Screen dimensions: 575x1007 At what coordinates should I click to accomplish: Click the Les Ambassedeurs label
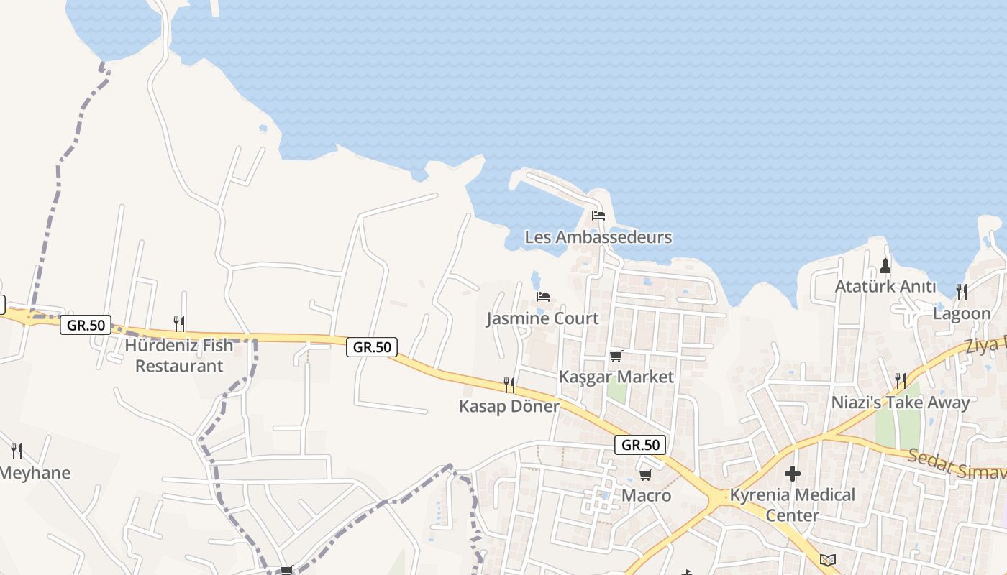(x=598, y=237)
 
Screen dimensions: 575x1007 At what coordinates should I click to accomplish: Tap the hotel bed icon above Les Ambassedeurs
(x=598, y=215)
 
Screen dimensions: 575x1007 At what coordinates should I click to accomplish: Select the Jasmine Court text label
(x=542, y=318)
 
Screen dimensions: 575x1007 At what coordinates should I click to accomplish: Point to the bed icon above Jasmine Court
(x=543, y=296)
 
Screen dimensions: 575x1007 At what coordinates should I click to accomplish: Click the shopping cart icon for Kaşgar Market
(x=616, y=356)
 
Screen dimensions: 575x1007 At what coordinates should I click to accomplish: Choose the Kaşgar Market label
(x=616, y=377)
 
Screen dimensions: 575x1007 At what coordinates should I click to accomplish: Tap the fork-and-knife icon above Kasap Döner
(x=509, y=385)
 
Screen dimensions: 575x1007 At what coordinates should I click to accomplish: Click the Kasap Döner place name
(x=509, y=406)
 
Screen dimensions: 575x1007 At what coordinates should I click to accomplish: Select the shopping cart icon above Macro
(x=645, y=474)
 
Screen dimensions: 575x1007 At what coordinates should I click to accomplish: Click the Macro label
(x=646, y=495)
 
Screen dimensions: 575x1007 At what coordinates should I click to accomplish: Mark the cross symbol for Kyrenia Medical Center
(x=792, y=474)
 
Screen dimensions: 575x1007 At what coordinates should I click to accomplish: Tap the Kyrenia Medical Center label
(x=792, y=505)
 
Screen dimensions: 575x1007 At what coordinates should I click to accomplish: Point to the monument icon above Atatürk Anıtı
(x=885, y=266)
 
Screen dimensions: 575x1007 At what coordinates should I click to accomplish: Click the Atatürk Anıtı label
(x=885, y=287)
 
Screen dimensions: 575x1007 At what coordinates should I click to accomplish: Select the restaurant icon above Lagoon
(x=962, y=291)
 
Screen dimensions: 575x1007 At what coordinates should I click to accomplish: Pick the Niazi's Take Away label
(x=901, y=402)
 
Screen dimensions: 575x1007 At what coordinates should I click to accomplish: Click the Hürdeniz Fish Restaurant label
(x=179, y=355)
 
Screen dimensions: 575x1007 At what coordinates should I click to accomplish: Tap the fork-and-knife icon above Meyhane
(x=17, y=451)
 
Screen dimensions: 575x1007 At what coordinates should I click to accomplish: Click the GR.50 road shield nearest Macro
(x=640, y=445)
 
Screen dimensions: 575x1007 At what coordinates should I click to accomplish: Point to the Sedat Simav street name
(x=957, y=465)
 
